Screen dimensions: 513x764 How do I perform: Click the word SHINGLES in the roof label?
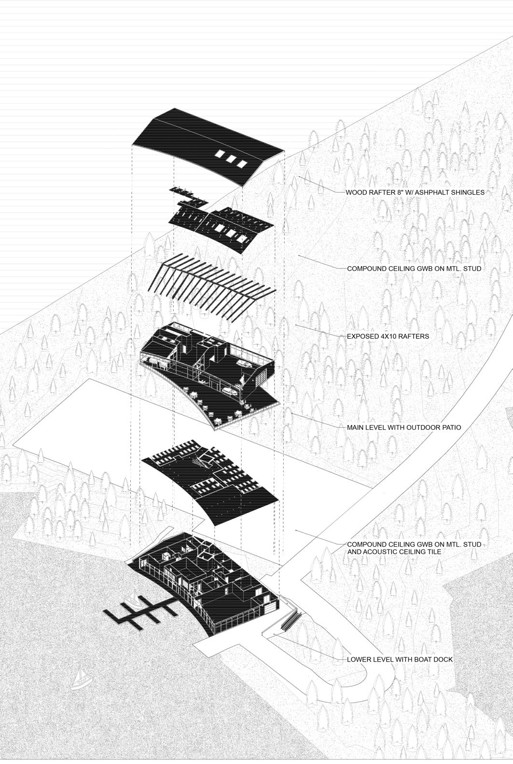pos(467,192)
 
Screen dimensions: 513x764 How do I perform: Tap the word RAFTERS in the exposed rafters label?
pos(414,336)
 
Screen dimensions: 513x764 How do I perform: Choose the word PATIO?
pos(450,427)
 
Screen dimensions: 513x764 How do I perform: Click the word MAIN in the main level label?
pos(356,427)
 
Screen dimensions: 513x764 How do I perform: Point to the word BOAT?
pos(419,659)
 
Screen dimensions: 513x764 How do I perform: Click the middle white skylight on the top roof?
pos(231,159)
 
